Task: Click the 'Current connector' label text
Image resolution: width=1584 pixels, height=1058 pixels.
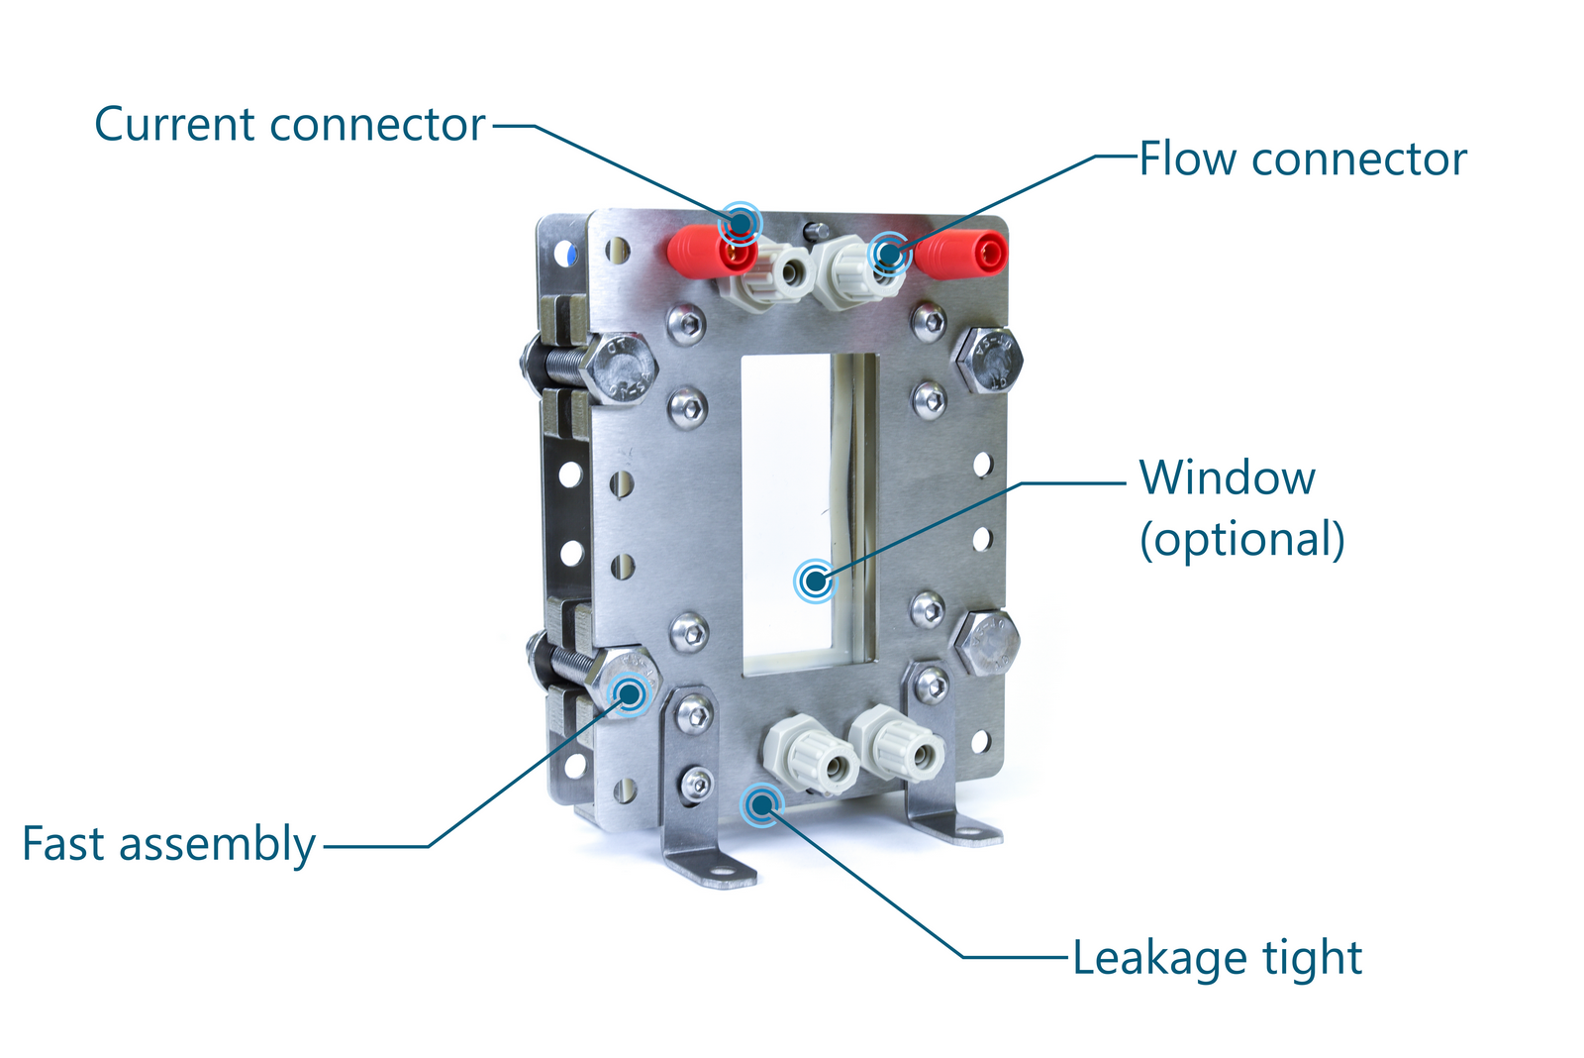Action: tap(289, 126)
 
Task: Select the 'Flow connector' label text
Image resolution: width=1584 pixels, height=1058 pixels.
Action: tap(1302, 159)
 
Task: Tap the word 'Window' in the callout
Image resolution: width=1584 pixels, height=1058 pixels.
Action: tap(1227, 478)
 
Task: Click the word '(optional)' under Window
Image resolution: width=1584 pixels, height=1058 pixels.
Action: tap(1241, 540)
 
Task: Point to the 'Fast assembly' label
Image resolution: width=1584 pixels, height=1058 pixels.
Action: tap(168, 845)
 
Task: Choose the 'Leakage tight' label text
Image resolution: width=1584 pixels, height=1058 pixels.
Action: tap(1217, 959)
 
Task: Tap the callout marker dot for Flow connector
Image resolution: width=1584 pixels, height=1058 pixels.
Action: tap(889, 255)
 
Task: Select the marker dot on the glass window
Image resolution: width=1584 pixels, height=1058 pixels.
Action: tap(815, 581)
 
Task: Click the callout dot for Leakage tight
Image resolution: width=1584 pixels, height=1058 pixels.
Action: tap(761, 804)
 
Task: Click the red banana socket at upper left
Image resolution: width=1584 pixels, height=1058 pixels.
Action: tap(710, 253)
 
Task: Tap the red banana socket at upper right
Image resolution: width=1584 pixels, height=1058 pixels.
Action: tap(962, 253)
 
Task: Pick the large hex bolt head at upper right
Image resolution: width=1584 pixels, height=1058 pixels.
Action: tap(986, 360)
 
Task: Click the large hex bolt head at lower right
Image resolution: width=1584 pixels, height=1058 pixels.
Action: tap(986, 643)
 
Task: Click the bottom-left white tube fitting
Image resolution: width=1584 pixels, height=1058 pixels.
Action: tap(810, 757)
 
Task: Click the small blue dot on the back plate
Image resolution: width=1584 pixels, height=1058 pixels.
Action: tap(568, 254)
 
